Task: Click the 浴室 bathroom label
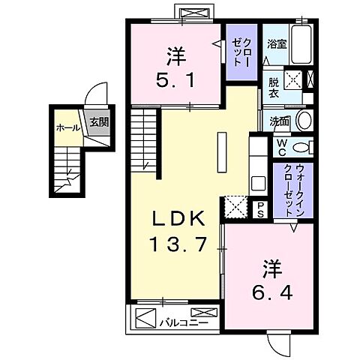click(277, 43)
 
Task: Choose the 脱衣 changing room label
click(274, 88)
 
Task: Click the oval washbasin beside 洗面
click(303, 120)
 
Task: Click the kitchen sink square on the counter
click(258, 182)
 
